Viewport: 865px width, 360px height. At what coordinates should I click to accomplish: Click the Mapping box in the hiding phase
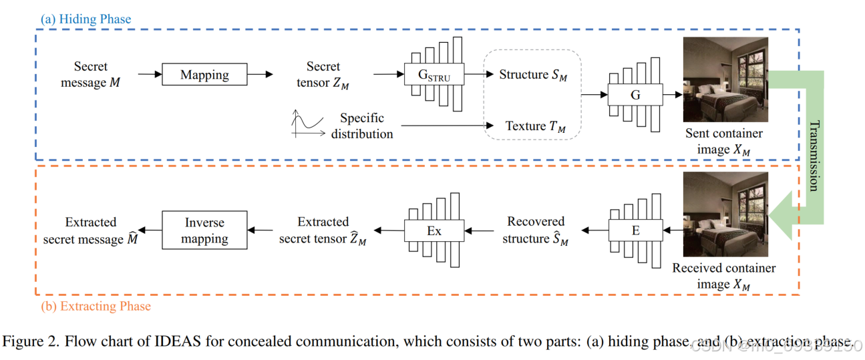point(204,75)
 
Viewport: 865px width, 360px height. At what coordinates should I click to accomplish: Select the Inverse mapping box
point(204,230)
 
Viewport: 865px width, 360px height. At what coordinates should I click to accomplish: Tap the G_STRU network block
point(434,75)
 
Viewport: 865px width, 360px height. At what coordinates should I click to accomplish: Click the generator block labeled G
point(635,95)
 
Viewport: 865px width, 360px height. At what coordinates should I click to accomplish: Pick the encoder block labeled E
point(635,230)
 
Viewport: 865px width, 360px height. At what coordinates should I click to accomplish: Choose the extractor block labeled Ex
point(434,231)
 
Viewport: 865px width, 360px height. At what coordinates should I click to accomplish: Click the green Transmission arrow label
point(814,155)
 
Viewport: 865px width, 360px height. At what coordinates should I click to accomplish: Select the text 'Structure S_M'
point(533,75)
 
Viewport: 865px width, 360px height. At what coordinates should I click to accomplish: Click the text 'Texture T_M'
point(535,126)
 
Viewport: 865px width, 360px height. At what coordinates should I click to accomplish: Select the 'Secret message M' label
point(90,75)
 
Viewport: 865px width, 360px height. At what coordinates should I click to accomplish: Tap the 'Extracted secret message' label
point(90,230)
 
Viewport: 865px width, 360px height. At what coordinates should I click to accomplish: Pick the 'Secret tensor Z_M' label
point(323,75)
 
